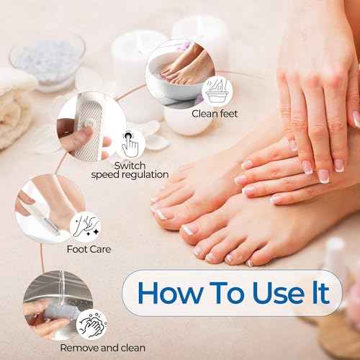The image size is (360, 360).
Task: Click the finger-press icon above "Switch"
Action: point(130,143)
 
